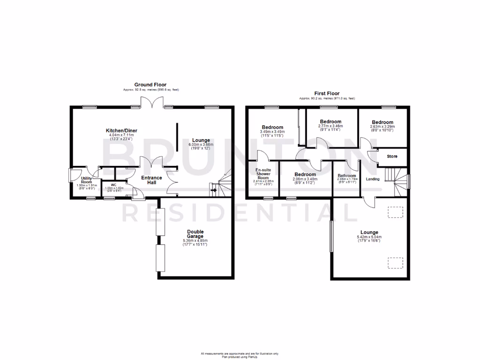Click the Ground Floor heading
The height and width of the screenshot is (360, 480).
(x=151, y=85)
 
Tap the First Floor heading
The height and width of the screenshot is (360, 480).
(x=327, y=94)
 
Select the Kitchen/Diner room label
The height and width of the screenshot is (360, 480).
(x=121, y=130)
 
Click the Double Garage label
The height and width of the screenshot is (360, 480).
(x=195, y=234)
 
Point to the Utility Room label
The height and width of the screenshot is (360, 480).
(x=86, y=180)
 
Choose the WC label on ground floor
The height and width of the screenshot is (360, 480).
(x=113, y=184)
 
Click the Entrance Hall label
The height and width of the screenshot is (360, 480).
(x=152, y=180)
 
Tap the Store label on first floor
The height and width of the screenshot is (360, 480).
(x=392, y=156)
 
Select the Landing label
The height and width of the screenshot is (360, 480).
(x=373, y=179)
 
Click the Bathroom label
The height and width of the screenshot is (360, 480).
(x=346, y=176)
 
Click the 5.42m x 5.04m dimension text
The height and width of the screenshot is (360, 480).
(x=369, y=237)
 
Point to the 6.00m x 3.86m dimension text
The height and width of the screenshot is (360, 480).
(x=201, y=145)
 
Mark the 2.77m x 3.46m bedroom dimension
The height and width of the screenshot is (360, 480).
(x=331, y=126)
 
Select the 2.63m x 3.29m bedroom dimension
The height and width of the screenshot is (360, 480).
(x=382, y=126)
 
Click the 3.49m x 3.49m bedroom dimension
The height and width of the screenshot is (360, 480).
(x=272, y=132)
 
